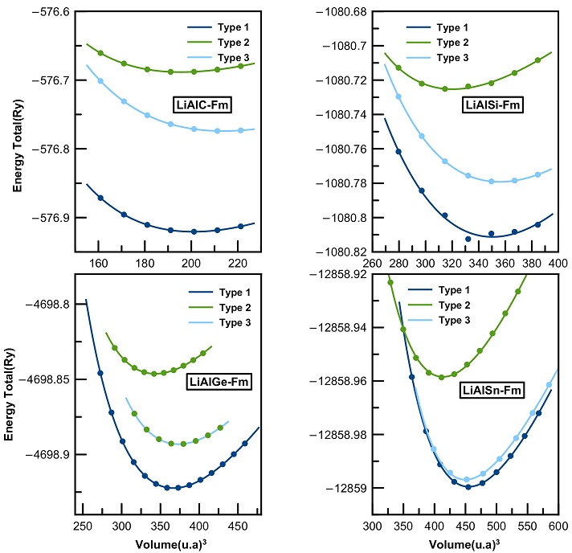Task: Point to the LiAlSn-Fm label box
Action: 493,391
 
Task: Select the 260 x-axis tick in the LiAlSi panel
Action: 371,263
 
